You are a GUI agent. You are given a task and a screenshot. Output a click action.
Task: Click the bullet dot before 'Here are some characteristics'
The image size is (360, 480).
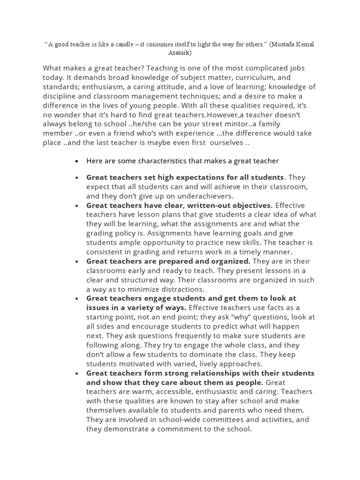(76, 161)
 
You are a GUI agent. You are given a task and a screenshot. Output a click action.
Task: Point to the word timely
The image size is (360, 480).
(244, 252)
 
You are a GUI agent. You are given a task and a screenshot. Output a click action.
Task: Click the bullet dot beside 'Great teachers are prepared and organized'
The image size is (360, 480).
(76, 261)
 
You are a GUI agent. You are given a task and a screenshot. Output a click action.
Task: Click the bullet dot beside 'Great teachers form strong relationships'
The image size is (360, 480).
(76, 373)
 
